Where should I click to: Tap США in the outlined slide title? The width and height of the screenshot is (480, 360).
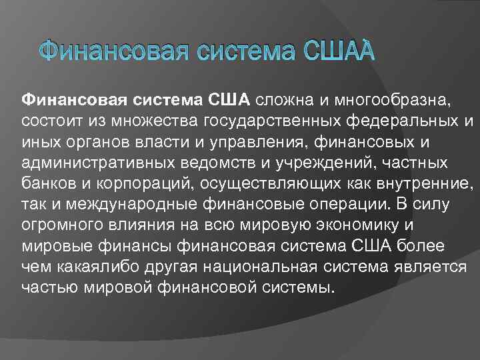pos(339,51)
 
